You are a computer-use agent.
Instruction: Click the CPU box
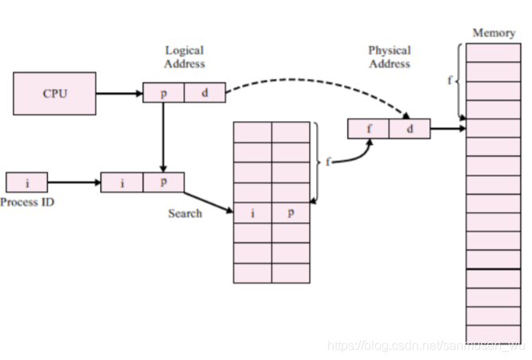tap(54, 93)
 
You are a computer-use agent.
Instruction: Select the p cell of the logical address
tap(163, 93)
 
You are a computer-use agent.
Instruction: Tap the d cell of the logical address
tap(205, 93)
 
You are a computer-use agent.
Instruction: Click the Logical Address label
tap(185, 57)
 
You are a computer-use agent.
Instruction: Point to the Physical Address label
tap(389, 57)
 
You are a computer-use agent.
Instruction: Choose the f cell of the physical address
tap(369, 128)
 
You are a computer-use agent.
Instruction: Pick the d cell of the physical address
tap(410, 128)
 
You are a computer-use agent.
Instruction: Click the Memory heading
tap(494, 33)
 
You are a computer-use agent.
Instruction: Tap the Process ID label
tap(27, 202)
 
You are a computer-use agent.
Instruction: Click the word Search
tap(185, 213)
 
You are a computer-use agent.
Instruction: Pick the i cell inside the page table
tap(252, 213)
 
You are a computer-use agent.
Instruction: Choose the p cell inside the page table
tap(290, 213)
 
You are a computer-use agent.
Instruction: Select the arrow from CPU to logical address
tap(119, 93)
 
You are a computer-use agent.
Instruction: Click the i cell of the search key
tap(122, 182)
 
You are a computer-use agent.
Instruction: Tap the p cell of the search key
tap(163, 182)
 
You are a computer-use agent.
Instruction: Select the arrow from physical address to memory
tap(448, 128)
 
